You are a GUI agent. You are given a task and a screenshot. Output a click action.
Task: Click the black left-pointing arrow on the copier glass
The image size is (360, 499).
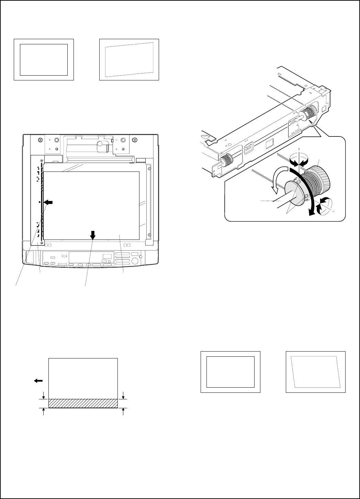(x=48, y=203)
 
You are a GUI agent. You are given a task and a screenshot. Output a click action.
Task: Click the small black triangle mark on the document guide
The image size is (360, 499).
(x=40, y=202)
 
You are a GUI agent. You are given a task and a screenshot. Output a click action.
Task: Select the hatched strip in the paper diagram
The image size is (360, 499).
(x=83, y=403)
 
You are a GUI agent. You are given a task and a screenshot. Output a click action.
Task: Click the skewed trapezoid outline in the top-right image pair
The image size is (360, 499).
(x=129, y=60)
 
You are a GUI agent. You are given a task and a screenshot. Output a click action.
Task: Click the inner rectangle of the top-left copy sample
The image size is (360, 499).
(x=44, y=59)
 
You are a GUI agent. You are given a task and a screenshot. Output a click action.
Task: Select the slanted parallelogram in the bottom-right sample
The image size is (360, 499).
(x=315, y=372)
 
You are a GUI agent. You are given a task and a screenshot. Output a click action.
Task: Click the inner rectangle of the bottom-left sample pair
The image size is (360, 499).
(x=230, y=372)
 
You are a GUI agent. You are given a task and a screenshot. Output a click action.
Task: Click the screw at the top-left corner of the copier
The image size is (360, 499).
(x=41, y=140)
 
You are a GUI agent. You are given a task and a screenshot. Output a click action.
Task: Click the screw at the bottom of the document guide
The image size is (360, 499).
(x=42, y=243)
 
